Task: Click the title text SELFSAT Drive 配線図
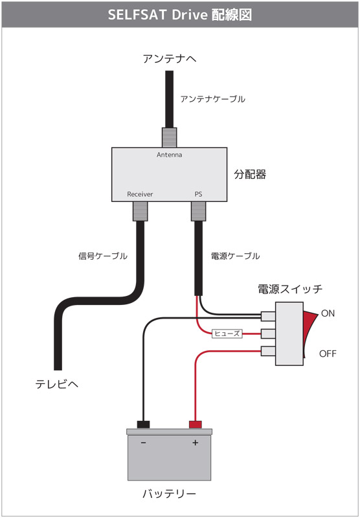click(x=180, y=14)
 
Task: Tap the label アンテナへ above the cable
click(x=170, y=59)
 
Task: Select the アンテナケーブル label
click(x=212, y=99)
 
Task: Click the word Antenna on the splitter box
click(x=170, y=155)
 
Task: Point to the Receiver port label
click(x=140, y=194)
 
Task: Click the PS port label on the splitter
click(x=198, y=194)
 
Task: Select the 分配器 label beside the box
click(x=250, y=174)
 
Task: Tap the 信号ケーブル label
click(x=103, y=256)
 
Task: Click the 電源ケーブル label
click(x=235, y=256)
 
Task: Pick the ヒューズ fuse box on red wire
click(x=227, y=333)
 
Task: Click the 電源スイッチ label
click(x=290, y=289)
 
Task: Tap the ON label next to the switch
click(x=328, y=313)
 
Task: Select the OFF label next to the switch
click(x=328, y=354)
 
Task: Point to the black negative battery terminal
click(x=143, y=425)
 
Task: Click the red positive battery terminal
click(x=195, y=425)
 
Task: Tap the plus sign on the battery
click(x=195, y=443)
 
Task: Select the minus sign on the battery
click(x=143, y=443)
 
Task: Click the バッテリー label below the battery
click(x=170, y=494)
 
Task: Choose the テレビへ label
click(x=57, y=385)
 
